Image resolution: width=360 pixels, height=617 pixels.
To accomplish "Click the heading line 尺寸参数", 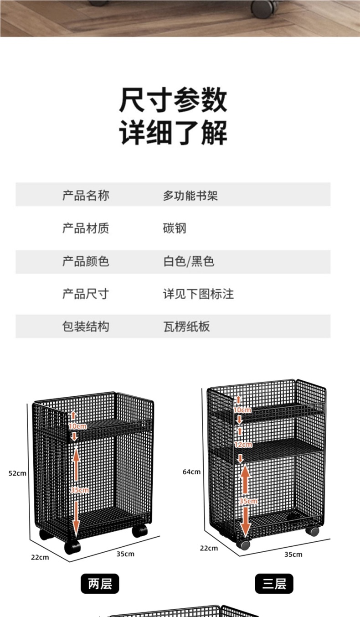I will click(x=173, y=100).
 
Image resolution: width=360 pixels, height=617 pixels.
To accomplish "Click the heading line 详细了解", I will click(x=173, y=132).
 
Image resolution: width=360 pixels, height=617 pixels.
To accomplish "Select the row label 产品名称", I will click(x=86, y=196).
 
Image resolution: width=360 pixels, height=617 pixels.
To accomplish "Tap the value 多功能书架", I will click(x=190, y=196).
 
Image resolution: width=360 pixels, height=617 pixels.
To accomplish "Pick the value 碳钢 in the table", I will click(x=175, y=228).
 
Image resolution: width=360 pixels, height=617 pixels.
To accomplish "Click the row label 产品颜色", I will click(x=86, y=261).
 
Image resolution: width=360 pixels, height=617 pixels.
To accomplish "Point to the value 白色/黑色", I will click(x=189, y=261).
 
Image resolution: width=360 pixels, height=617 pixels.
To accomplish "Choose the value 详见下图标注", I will click(x=198, y=294).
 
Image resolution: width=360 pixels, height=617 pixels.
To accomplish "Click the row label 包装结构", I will click(x=86, y=327).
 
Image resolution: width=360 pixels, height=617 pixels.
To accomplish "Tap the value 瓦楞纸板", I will click(x=186, y=327).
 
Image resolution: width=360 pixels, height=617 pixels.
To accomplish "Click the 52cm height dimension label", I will click(x=17, y=473).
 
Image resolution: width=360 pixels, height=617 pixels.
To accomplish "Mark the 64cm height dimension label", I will click(x=191, y=472).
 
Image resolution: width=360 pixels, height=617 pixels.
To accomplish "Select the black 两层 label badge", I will click(x=100, y=583).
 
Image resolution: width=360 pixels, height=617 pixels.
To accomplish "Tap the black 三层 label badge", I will click(x=274, y=584).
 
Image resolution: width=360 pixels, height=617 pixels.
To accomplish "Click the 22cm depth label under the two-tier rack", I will click(x=40, y=557).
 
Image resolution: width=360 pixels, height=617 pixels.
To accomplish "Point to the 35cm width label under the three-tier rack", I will click(x=293, y=555).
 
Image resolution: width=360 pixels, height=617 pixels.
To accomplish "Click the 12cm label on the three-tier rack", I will click(x=242, y=444).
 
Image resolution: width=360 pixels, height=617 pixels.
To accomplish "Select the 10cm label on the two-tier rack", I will click(x=77, y=426).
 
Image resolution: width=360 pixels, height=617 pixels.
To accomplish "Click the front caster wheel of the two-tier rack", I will click(x=72, y=547).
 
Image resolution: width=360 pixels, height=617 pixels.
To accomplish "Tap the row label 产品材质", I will click(x=86, y=228).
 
